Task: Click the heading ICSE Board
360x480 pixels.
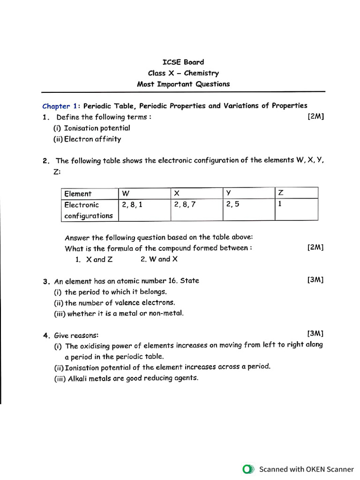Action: click(x=183, y=62)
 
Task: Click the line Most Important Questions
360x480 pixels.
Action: click(x=183, y=84)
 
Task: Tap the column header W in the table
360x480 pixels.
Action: click(x=126, y=193)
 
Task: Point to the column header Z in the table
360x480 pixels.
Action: click(x=281, y=193)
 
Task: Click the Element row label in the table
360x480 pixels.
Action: click(x=78, y=194)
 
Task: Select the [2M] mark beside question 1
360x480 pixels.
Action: click(x=315, y=117)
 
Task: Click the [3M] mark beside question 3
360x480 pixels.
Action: click(x=315, y=280)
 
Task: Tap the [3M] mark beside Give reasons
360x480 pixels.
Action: click(x=315, y=334)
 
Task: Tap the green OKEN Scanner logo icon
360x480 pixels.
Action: click(x=248, y=469)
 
